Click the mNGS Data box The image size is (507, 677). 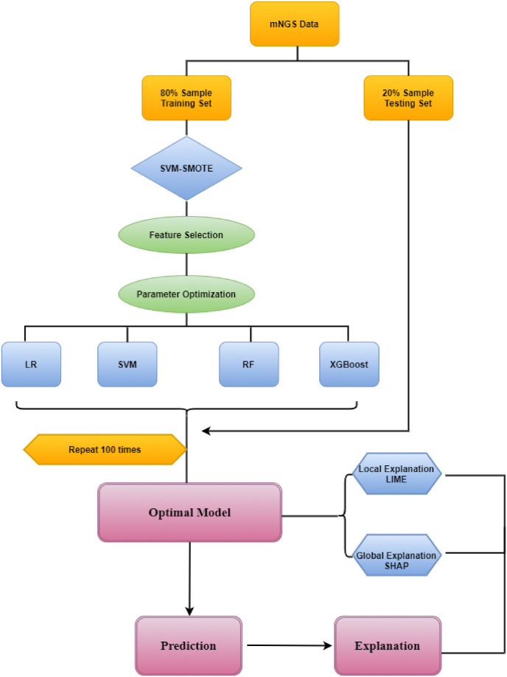click(295, 24)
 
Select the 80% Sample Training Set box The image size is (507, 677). click(186, 99)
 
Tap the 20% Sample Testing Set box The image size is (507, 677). click(408, 99)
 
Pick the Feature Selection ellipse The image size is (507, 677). click(186, 235)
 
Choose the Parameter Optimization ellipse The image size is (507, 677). click(186, 294)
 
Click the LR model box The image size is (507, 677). click(31, 364)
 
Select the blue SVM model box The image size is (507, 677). click(127, 364)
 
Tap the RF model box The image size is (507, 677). click(248, 364)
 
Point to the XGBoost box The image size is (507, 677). click(349, 364)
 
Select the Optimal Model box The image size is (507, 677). click(189, 513)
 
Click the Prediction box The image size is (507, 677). click(189, 645)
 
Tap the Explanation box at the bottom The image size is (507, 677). click(386, 645)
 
